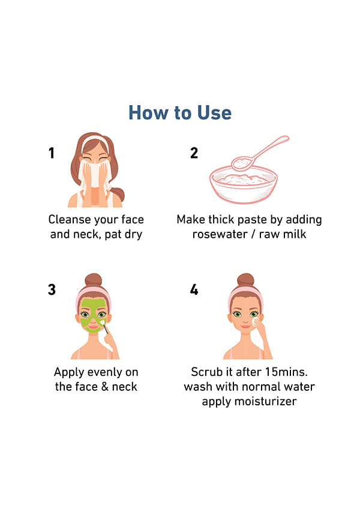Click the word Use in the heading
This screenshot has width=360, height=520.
coord(214,113)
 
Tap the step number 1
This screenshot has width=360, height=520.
coord(52,153)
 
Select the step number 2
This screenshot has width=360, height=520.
coord(194,153)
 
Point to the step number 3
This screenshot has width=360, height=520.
coord(52,289)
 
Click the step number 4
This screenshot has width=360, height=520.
coord(194,289)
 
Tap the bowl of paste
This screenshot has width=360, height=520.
coord(244,185)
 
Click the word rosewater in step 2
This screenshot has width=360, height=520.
coord(220,234)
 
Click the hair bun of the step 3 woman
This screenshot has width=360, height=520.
coord(94,280)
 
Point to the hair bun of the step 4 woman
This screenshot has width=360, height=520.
coord(245,280)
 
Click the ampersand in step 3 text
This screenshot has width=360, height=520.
coord(105,387)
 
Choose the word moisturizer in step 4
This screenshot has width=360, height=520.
coord(270,401)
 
